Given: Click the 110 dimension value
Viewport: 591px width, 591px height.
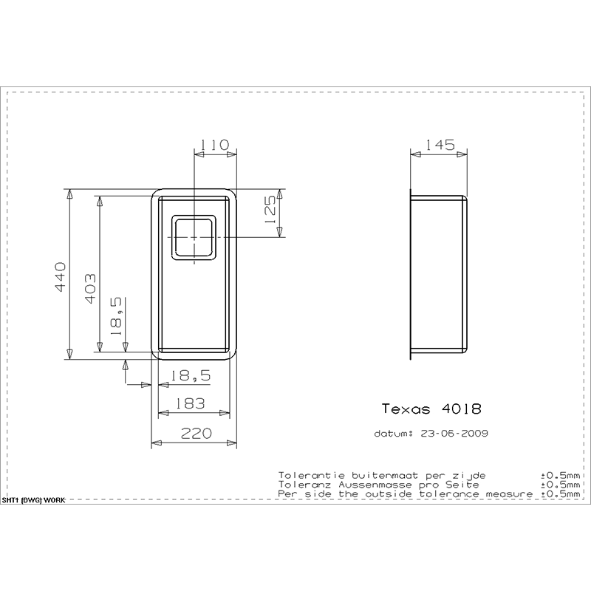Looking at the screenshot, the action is click(x=214, y=145).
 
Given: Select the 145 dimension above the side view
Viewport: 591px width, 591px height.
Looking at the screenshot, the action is click(x=440, y=145).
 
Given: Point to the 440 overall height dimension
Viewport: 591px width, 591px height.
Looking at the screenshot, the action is click(x=61, y=277).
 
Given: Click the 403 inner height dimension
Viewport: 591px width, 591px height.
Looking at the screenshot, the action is click(x=90, y=288).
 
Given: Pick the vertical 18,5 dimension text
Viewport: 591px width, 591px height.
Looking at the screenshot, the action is click(x=116, y=316).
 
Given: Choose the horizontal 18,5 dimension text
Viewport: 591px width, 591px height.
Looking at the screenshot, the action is click(x=191, y=376).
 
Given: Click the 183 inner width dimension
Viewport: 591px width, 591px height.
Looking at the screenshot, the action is click(x=190, y=403).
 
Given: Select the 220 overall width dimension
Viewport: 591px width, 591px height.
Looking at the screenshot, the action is click(x=197, y=434).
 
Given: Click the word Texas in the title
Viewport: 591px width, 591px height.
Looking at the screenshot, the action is click(x=406, y=409).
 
